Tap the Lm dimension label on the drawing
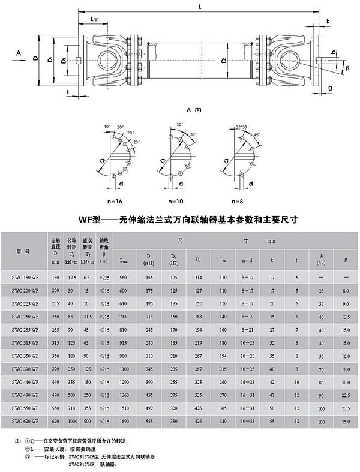coord(94,20)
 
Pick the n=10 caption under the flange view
coord(175,200)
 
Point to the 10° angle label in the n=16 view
coord(107,127)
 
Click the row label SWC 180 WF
coord(26,278)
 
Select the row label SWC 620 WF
coord(26,422)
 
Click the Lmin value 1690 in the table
coord(124,422)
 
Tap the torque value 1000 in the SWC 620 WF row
coord(71,422)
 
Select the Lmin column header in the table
coord(124,261)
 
